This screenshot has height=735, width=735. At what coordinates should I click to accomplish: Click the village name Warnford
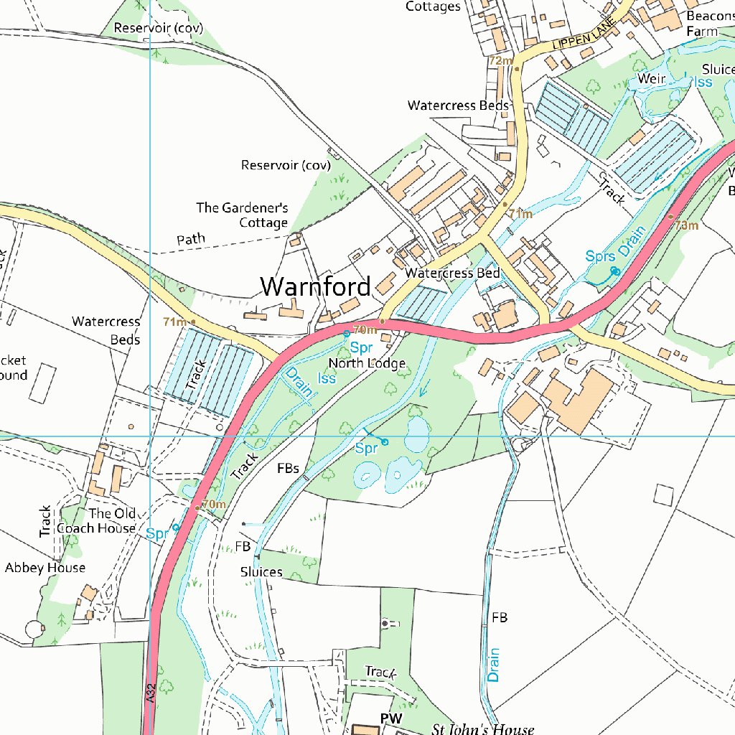tap(316, 286)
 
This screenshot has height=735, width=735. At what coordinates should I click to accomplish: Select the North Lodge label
tap(367, 363)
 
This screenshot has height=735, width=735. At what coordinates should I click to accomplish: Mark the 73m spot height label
tap(686, 225)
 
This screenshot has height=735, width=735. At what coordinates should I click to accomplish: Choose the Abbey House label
tap(45, 568)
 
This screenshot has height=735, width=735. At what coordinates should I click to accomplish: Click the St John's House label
tap(482, 729)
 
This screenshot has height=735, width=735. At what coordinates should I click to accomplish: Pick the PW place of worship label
tap(391, 718)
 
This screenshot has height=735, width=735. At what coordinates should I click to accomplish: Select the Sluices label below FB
tap(261, 572)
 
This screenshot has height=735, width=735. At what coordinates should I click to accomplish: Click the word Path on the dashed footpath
tap(190, 239)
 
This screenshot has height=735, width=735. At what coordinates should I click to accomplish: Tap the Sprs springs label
tap(599, 256)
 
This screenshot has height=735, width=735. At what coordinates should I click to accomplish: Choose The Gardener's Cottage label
tap(243, 215)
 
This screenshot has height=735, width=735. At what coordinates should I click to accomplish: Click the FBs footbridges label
tap(288, 469)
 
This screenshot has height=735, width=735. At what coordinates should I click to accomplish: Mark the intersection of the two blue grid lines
tap(150, 436)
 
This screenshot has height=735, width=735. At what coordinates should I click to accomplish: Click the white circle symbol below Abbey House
tap(34, 629)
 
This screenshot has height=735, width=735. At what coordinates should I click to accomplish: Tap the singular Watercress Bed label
tap(452, 273)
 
